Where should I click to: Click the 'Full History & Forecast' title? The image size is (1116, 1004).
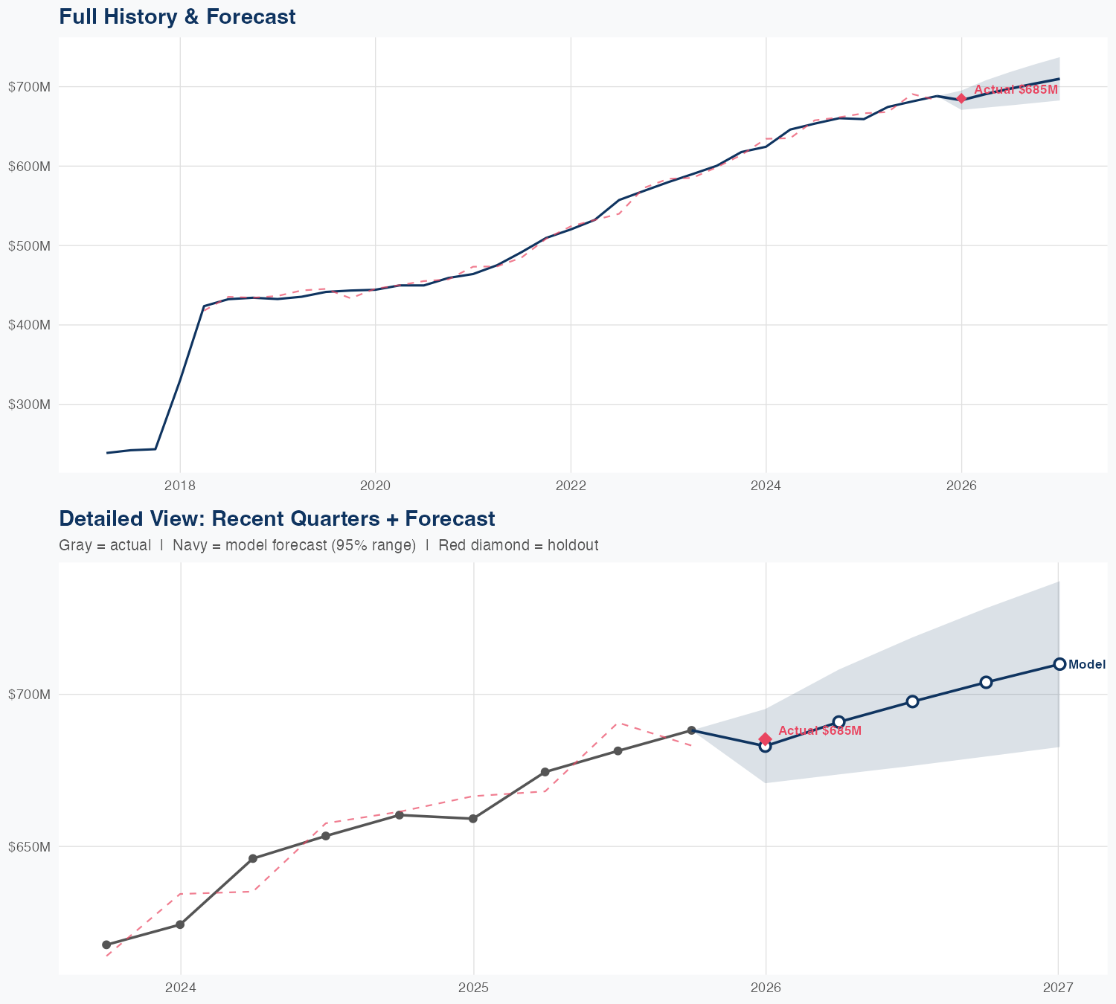(177, 16)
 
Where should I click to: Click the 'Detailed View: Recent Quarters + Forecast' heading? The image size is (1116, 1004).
(277, 518)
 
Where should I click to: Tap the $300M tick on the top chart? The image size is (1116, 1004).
(29, 405)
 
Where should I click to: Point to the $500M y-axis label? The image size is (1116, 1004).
(29, 245)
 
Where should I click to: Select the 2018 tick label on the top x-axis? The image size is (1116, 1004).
(179, 486)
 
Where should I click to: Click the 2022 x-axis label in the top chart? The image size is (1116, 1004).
(571, 486)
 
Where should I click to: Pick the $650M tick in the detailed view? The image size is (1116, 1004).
(29, 846)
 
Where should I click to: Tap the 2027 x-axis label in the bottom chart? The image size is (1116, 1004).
(1058, 988)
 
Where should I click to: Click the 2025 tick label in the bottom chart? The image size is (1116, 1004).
(473, 988)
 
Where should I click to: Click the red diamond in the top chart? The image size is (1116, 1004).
(961, 98)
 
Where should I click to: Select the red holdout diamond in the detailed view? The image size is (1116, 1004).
(765, 738)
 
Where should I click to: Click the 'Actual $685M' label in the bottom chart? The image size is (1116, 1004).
(819, 731)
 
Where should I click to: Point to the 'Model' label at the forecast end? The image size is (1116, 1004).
(1086, 665)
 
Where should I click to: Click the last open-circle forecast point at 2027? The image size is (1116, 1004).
(1059, 664)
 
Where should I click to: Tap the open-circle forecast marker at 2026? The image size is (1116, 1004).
(765, 747)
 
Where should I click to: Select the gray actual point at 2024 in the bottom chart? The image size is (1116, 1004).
(180, 924)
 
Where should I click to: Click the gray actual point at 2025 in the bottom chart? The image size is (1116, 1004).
(473, 819)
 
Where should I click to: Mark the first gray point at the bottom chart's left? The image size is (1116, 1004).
(106, 945)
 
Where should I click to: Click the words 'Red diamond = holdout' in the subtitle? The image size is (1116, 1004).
(519, 545)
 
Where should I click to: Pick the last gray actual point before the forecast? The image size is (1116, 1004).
(691, 730)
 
